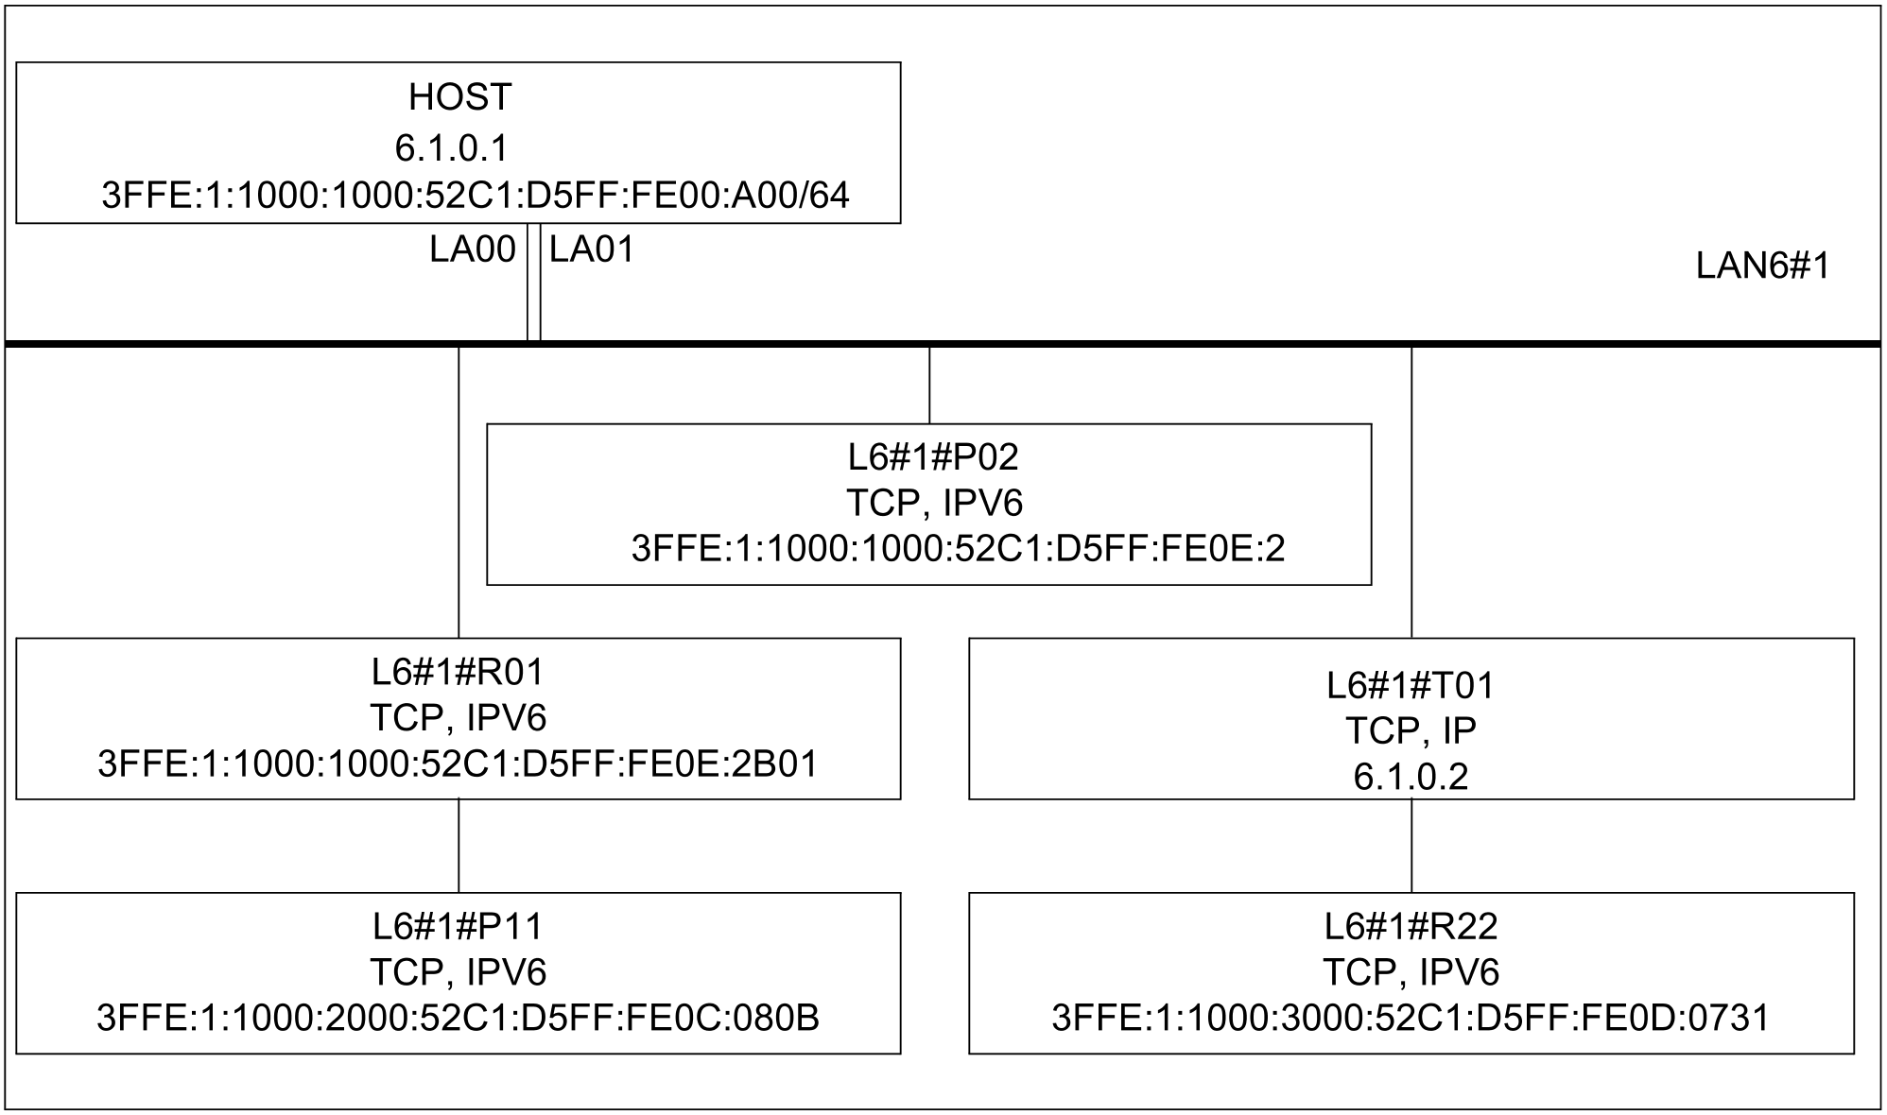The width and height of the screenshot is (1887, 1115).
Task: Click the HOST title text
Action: tap(459, 97)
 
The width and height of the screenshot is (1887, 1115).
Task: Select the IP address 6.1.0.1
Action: tap(452, 147)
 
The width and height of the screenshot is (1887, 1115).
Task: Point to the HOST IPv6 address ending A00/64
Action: tap(476, 195)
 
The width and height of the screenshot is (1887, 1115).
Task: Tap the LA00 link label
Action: tap(473, 249)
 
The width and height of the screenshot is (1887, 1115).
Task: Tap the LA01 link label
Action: tap(592, 249)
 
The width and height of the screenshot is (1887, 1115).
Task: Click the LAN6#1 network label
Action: tap(1762, 266)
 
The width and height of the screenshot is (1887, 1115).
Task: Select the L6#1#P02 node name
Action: tap(933, 457)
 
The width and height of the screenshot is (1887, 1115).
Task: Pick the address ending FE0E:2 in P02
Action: tap(958, 548)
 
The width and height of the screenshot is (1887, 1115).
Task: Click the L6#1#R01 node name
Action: tap(459, 672)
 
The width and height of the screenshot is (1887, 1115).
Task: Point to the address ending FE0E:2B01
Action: tap(458, 763)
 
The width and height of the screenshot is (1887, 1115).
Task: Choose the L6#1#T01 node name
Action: tap(1411, 685)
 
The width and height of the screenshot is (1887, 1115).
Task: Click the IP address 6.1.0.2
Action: tap(1411, 776)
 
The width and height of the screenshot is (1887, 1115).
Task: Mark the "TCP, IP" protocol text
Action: tap(1411, 730)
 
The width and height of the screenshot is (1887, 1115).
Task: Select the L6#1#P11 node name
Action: tap(459, 926)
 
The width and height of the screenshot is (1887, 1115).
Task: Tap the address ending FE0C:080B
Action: tap(458, 1018)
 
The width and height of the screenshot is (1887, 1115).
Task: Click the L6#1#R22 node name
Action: tap(1411, 926)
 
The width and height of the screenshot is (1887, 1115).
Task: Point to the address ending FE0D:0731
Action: tap(1411, 1018)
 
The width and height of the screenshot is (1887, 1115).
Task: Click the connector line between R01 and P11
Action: tap(459, 846)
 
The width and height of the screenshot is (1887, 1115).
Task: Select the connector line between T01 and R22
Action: tap(1411, 846)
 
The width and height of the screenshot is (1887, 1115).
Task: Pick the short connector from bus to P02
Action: tap(929, 385)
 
